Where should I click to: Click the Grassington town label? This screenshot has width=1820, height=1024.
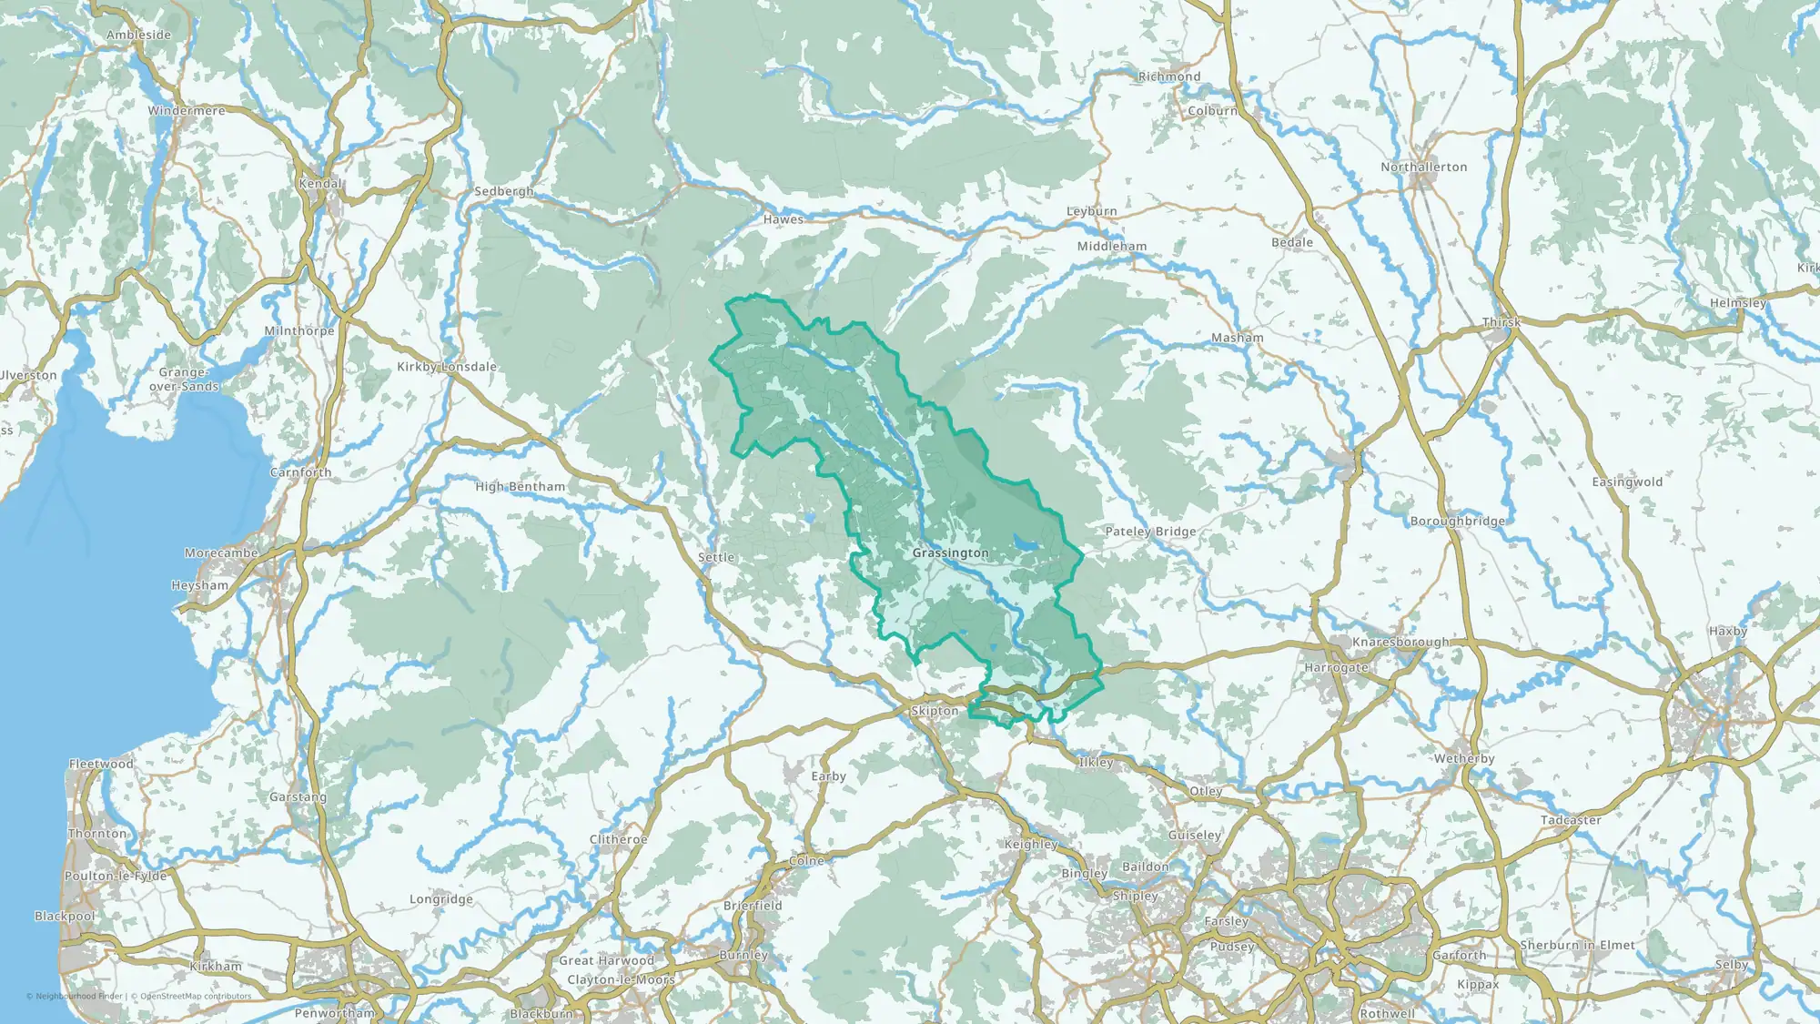click(x=950, y=553)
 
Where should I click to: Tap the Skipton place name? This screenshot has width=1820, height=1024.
click(x=935, y=711)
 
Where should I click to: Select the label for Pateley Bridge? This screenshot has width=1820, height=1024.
click(x=1150, y=532)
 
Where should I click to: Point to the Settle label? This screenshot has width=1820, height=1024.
click(x=716, y=558)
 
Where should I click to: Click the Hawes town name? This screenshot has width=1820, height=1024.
click(x=784, y=219)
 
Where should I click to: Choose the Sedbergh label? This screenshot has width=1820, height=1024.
click(x=504, y=192)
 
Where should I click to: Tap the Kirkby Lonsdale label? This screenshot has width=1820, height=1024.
click(x=447, y=367)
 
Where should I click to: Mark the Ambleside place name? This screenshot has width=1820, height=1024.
click(x=138, y=35)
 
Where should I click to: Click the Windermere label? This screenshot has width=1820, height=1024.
click(x=187, y=111)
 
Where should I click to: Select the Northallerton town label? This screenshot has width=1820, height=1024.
click(x=1423, y=167)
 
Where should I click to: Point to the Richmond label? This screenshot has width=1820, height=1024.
click(x=1169, y=77)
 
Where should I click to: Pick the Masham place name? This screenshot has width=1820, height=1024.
click(x=1237, y=338)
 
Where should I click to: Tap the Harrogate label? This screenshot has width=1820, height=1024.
click(x=1336, y=668)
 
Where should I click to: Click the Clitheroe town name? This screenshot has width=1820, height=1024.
click(x=618, y=839)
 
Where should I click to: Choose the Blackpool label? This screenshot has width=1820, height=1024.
click(x=65, y=917)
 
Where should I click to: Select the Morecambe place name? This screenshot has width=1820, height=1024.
click(x=221, y=553)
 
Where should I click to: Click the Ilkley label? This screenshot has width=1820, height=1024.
click(x=1096, y=763)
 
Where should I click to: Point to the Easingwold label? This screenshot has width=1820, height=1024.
click(x=1627, y=482)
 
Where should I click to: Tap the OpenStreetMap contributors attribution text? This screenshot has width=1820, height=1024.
click(x=196, y=996)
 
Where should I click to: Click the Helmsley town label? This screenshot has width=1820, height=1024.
click(x=1737, y=303)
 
